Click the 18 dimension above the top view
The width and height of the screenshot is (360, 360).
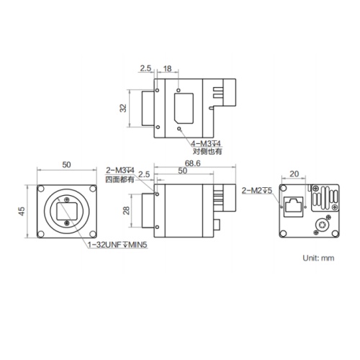(167, 68)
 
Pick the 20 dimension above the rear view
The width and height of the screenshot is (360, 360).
(293, 174)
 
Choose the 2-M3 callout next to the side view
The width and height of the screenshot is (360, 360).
(120, 170)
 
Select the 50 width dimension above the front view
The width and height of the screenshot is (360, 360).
(66, 165)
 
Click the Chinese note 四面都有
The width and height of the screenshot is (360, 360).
(120, 179)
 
